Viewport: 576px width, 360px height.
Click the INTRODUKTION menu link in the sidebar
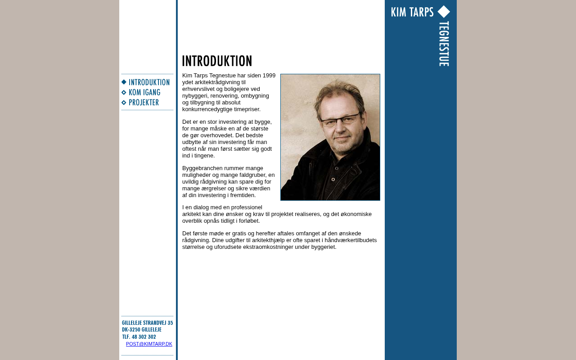tap(149, 82)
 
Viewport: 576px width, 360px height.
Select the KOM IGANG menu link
tap(144, 93)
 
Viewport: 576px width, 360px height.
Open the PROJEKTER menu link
tap(144, 103)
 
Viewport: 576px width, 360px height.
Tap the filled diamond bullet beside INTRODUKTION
tap(124, 82)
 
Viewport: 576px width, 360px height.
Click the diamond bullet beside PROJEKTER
tap(124, 103)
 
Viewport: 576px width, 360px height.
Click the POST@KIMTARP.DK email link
tap(149, 344)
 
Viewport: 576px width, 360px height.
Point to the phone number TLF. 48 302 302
tap(139, 337)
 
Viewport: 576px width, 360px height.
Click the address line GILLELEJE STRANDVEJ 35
tap(147, 323)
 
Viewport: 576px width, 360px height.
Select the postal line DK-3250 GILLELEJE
tap(141, 329)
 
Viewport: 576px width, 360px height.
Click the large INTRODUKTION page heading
tap(217, 61)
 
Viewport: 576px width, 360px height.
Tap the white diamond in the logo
tap(444, 12)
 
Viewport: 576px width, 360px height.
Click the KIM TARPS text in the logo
tap(412, 12)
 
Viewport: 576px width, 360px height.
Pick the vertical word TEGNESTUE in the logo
tap(444, 44)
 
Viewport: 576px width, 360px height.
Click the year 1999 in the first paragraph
tap(269, 75)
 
